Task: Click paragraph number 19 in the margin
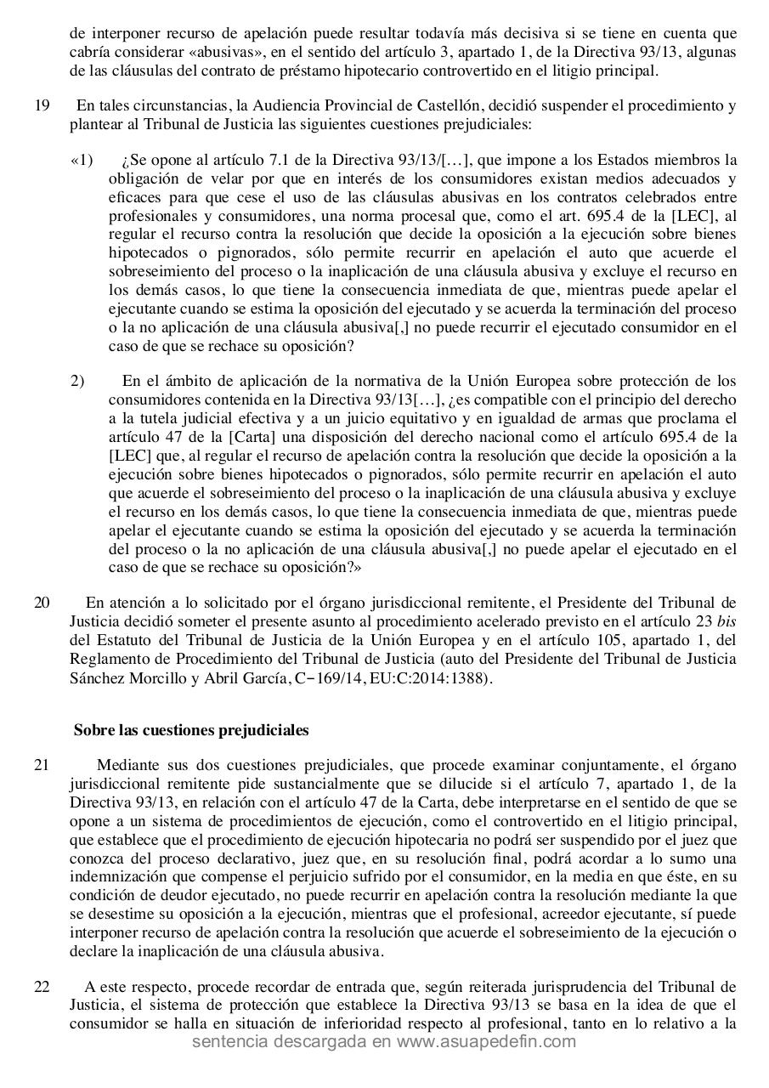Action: pos(42,106)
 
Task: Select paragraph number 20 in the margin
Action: pos(42,603)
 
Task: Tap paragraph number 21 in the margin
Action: pos(42,765)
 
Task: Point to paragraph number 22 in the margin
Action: pos(42,987)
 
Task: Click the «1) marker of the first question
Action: pos(82,161)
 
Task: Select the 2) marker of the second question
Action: pos(78,381)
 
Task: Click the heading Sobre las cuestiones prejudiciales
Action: pos(191,730)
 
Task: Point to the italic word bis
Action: pos(727,621)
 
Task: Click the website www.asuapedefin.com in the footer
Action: pos(486,1042)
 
